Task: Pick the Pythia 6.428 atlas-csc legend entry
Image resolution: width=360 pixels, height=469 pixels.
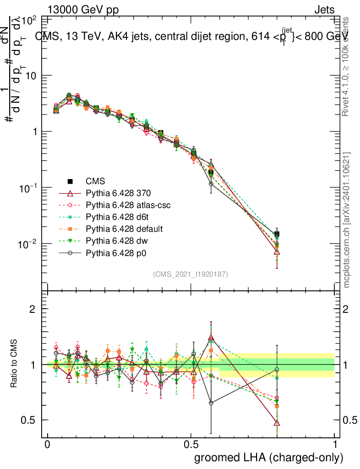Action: coord(128,205)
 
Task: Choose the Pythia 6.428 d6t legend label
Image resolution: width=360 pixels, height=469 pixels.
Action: coord(120,217)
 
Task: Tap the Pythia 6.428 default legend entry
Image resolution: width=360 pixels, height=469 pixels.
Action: coord(125,229)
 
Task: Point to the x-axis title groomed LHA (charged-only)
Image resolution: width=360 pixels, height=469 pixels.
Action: coord(269,457)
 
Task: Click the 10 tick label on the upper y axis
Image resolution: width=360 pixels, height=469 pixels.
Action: coord(30,76)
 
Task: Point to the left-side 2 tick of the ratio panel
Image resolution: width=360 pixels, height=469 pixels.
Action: coord(33,309)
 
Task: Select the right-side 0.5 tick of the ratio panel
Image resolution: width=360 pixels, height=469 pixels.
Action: coord(349,420)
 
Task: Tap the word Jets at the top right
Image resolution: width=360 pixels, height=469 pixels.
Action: coord(324,10)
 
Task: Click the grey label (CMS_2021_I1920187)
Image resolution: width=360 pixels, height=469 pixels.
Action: coord(191,274)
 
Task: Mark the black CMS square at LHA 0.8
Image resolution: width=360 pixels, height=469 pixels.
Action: coord(277,234)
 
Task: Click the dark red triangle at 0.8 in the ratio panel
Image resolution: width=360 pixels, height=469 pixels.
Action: coord(277,423)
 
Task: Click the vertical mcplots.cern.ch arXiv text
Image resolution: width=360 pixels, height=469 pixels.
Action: coord(347,220)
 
